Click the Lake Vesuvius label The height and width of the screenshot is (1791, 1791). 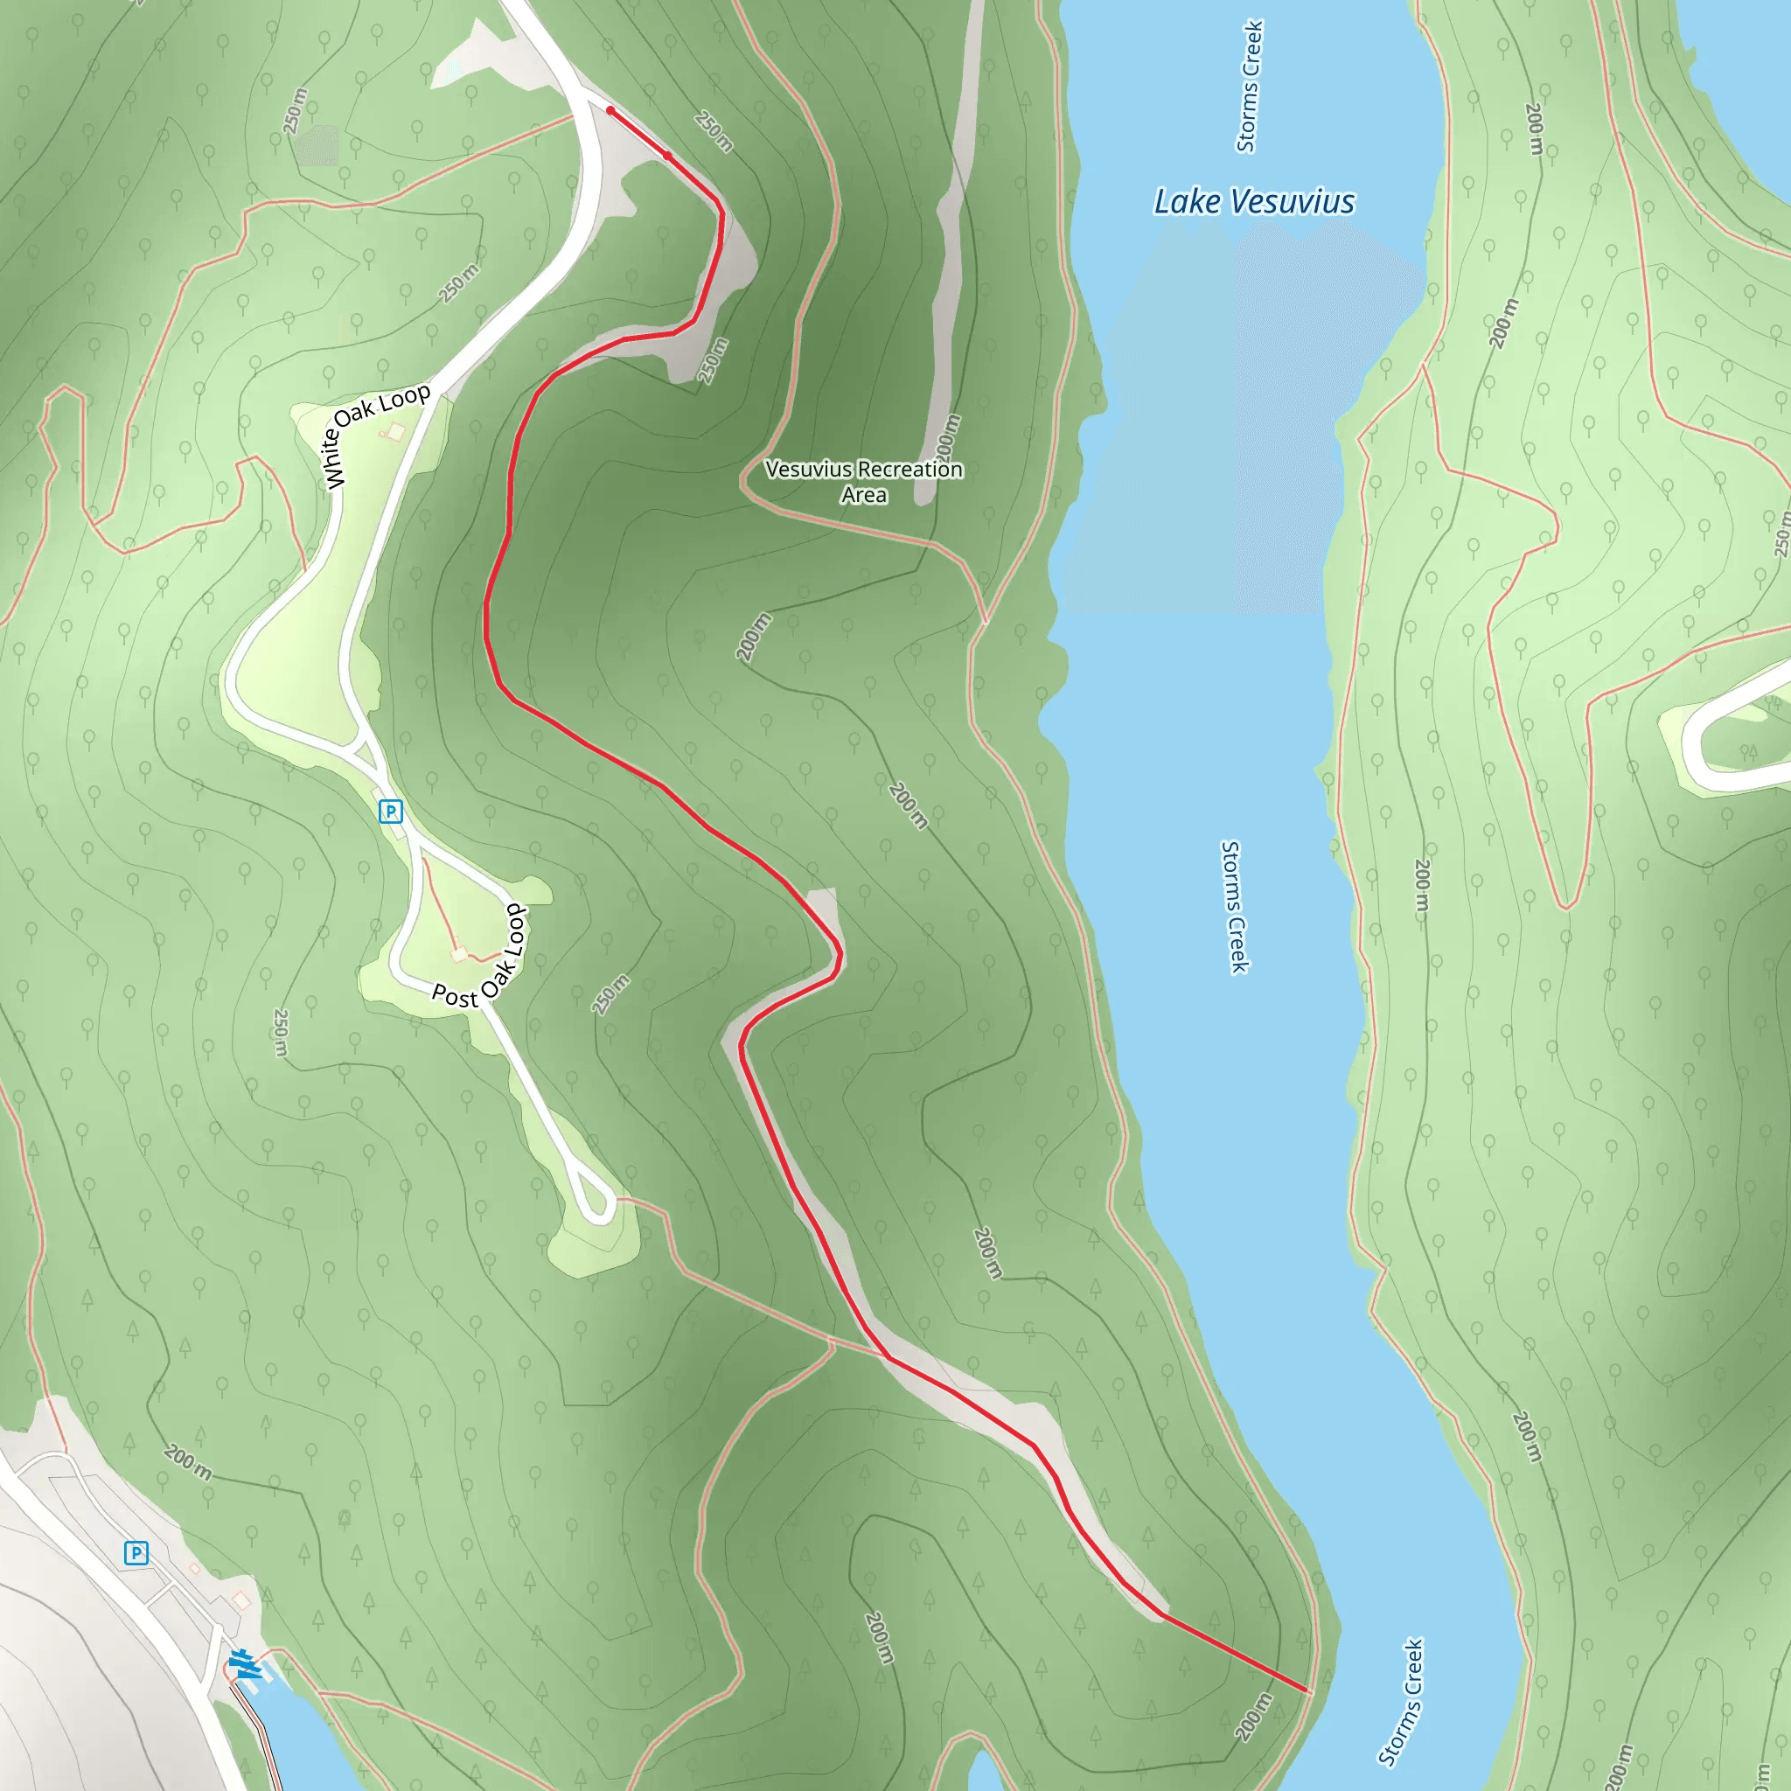[x=1253, y=201]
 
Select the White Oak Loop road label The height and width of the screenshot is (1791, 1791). [x=376, y=434]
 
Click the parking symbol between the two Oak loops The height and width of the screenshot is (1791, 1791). [x=390, y=812]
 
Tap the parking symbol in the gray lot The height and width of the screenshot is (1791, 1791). [x=136, y=1553]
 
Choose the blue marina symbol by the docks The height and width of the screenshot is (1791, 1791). [x=243, y=1664]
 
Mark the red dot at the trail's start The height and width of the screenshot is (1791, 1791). [x=610, y=110]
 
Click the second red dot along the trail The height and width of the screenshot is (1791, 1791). [x=666, y=156]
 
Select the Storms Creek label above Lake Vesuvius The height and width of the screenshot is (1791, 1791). [x=1249, y=87]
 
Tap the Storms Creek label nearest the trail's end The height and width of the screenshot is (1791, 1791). [x=1401, y=1702]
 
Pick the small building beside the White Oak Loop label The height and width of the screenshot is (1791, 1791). [x=396, y=431]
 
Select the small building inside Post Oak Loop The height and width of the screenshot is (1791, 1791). [x=458, y=954]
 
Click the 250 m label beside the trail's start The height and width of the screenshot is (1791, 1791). [x=714, y=132]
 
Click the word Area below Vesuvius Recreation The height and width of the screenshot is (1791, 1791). [x=863, y=495]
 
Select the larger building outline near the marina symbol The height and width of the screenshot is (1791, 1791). [x=242, y=1600]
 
